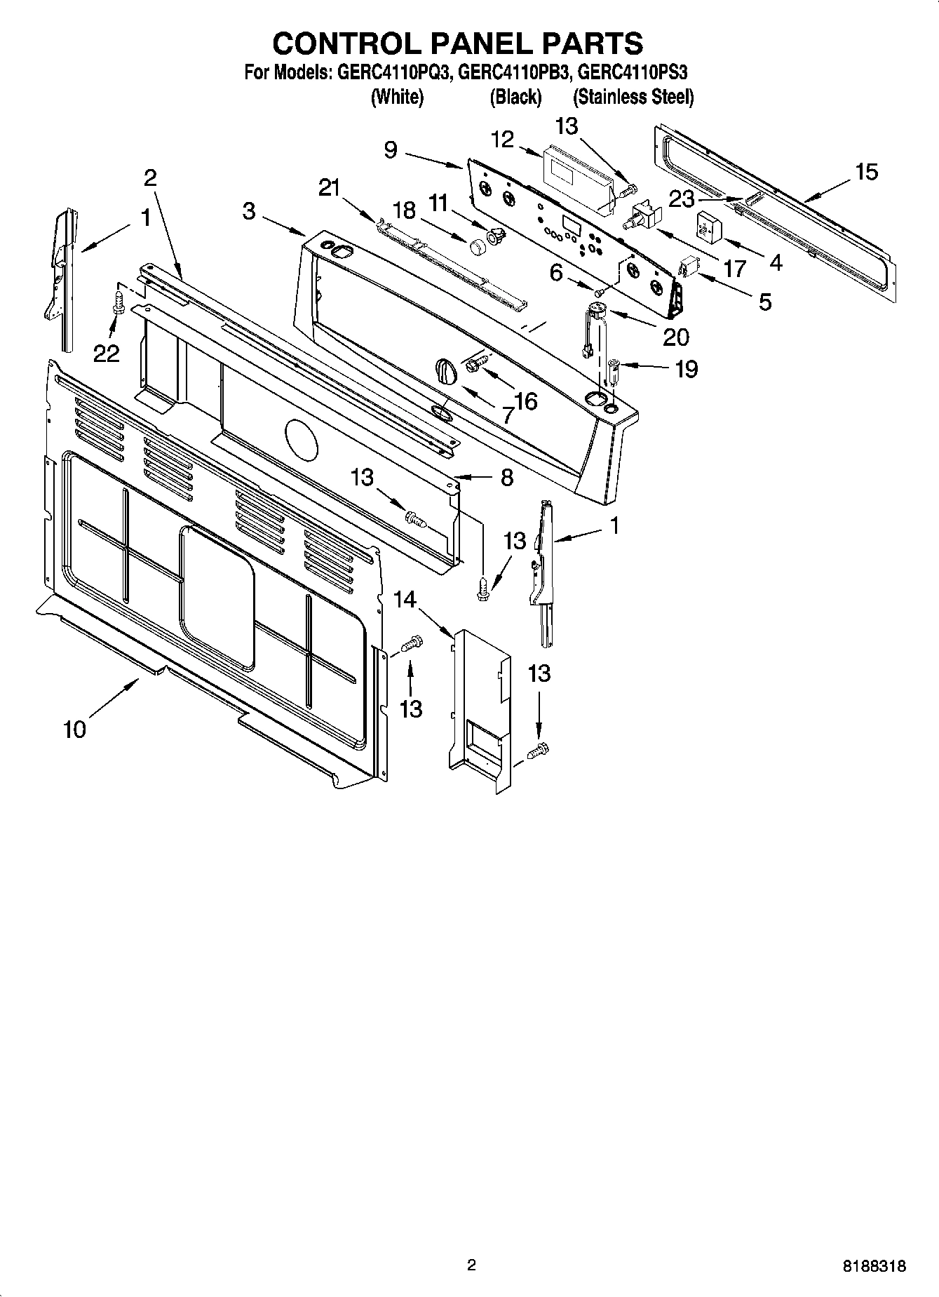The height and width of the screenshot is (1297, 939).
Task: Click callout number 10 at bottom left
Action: click(74, 729)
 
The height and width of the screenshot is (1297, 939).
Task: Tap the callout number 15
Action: click(867, 172)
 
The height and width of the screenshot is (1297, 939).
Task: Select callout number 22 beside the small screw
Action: click(107, 354)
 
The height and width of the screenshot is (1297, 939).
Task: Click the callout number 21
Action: click(329, 187)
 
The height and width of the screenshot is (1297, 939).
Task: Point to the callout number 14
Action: click(405, 600)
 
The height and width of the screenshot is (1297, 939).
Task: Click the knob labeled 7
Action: click(446, 370)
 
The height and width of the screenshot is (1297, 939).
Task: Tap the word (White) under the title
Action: click(397, 97)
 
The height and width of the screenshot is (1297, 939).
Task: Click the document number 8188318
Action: click(874, 1266)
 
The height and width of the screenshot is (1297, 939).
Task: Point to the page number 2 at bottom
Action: click(471, 1265)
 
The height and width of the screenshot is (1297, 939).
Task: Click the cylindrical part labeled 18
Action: click(478, 246)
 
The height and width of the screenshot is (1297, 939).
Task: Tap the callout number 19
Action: click(686, 368)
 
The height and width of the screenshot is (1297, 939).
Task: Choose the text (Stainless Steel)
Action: click(633, 97)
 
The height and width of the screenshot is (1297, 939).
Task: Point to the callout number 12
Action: click(503, 140)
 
